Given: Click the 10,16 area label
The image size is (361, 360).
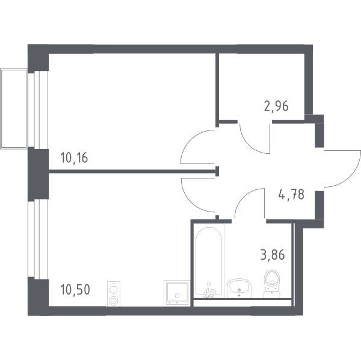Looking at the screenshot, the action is coord(74,158).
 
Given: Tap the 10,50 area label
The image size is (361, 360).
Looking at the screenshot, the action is coord(75,290).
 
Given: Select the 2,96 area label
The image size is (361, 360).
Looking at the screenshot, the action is coord(276,106).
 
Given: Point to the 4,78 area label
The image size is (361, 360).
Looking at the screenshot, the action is coord(291,195).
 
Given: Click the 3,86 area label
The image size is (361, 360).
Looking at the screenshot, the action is coord(273,255).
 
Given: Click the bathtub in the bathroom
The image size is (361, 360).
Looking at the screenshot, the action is coord(209,261).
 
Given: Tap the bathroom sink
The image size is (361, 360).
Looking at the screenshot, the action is coord(239,288).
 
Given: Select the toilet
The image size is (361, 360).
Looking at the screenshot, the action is coord(272,284).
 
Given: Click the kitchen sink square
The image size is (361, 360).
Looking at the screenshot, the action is coord(177,293).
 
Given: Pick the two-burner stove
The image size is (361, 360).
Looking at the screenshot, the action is coord(114,294).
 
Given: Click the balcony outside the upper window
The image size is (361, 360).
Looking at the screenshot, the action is coord(14,109).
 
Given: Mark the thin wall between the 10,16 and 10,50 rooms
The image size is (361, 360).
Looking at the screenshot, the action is coord(133,171).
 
